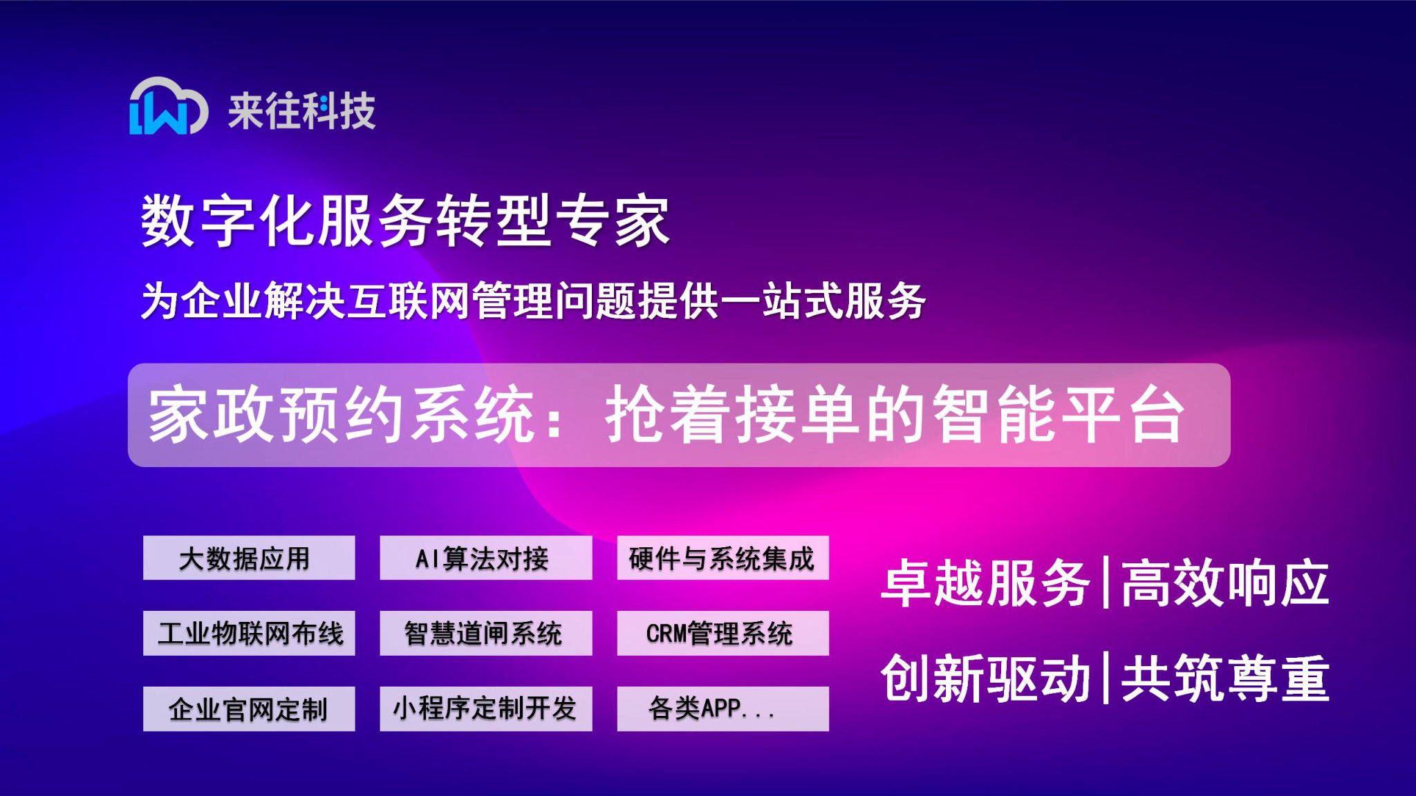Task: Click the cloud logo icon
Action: tap(168, 107)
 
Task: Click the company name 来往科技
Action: tap(302, 111)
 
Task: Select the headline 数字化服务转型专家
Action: tap(405, 220)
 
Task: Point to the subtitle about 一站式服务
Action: tap(533, 301)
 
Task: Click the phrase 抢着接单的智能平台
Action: tap(895, 415)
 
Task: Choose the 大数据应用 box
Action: tap(249, 558)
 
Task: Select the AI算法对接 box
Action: tap(485, 558)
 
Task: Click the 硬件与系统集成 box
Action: tap(723, 558)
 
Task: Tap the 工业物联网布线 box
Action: tap(249, 633)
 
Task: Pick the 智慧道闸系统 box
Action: tap(485, 633)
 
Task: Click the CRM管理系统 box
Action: tap(723, 633)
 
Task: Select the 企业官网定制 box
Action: tap(249, 708)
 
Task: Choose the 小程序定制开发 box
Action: tap(485, 708)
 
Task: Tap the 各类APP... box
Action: tap(723, 708)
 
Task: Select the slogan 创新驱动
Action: tap(986, 679)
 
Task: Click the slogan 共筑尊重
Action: tap(1224, 679)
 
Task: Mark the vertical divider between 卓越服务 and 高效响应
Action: tap(1106, 582)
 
